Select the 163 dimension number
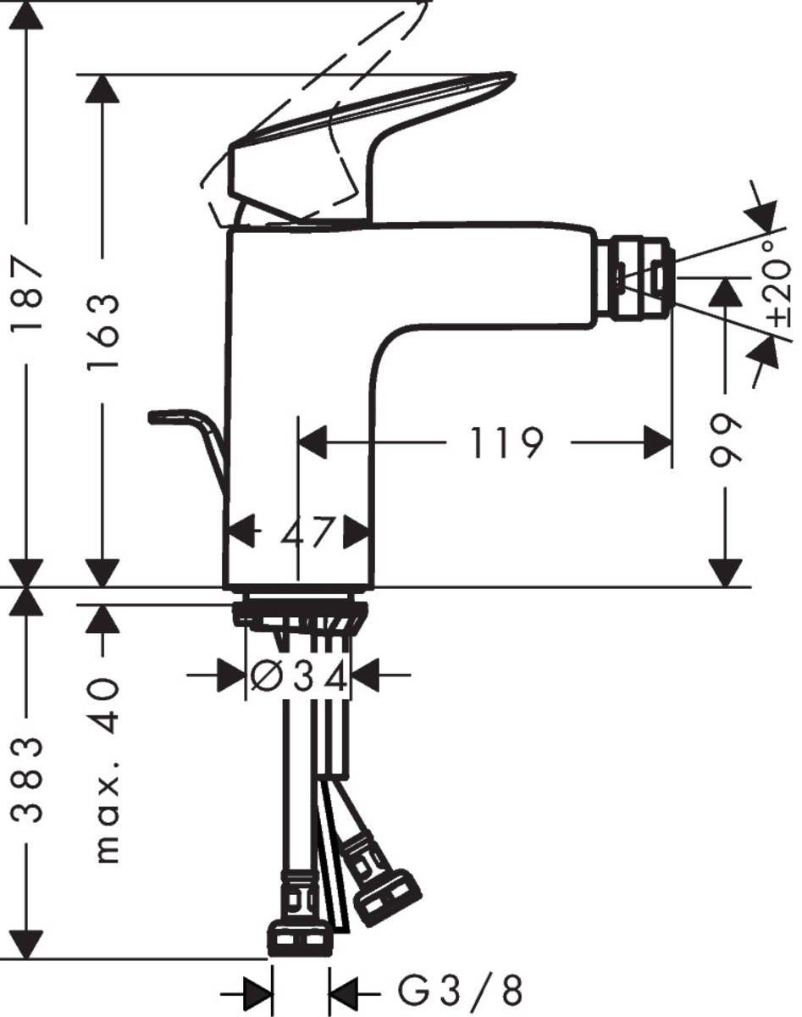coord(103,331)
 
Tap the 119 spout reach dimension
coord(506,442)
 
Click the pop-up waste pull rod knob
coord(165,417)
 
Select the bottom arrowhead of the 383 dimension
coord(27,942)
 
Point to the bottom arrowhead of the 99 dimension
coord(725,572)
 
